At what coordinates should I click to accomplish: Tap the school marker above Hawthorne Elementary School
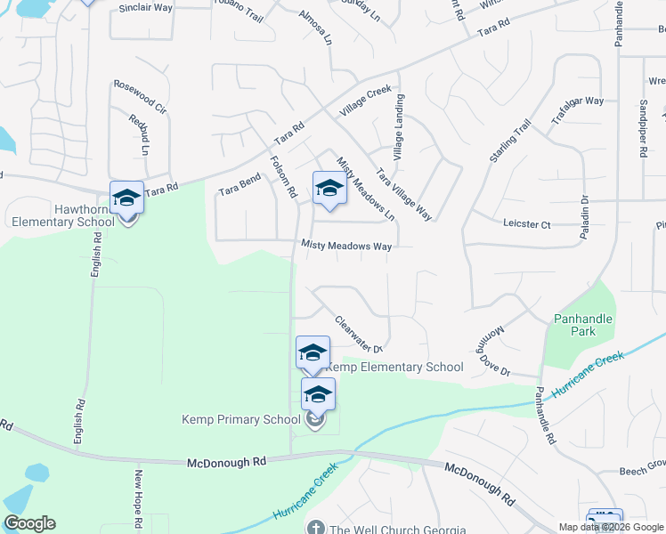coord(126,198)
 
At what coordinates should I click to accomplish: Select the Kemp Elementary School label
coord(394,367)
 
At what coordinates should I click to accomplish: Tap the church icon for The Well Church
coord(316,529)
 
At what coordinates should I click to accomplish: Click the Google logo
coord(29,523)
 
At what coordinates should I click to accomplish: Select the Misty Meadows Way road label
coord(346,245)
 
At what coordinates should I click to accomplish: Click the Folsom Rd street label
coord(282,175)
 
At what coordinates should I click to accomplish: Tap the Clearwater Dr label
coord(358,335)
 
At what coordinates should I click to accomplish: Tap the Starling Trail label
coord(510,141)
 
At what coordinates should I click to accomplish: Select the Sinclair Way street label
coord(145,7)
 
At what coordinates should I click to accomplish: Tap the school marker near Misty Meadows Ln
coord(329,189)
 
